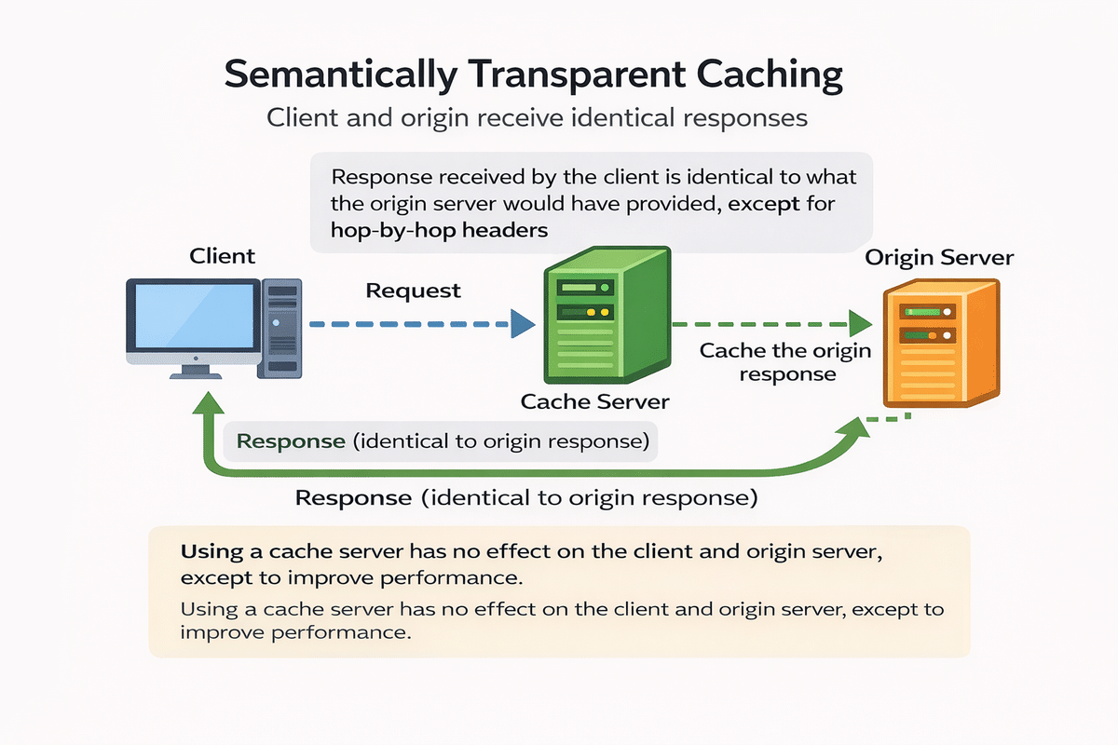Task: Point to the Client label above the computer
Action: [x=222, y=255]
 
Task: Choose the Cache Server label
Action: [x=594, y=401]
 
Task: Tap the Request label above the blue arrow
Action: [x=413, y=291]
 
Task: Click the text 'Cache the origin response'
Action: [x=784, y=362]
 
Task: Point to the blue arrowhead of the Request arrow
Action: [x=523, y=325]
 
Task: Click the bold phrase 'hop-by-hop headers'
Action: [x=439, y=229]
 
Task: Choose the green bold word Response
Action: [x=291, y=440]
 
